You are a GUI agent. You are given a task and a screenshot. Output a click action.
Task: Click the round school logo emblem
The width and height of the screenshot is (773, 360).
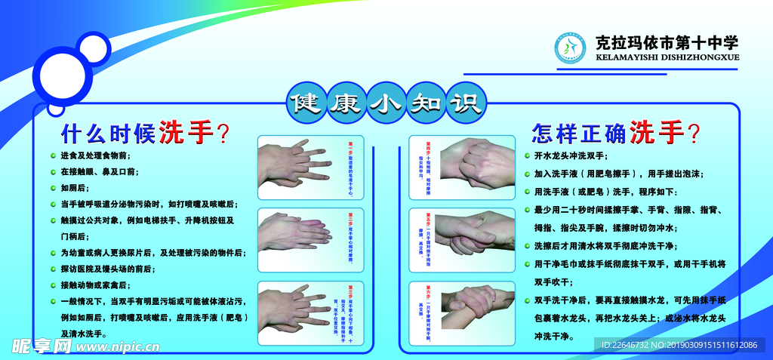(x=571, y=48)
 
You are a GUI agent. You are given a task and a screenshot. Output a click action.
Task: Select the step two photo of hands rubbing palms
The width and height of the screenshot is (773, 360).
(x=302, y=233)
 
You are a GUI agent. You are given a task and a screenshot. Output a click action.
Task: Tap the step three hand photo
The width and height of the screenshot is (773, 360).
(x=302, y=306)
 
